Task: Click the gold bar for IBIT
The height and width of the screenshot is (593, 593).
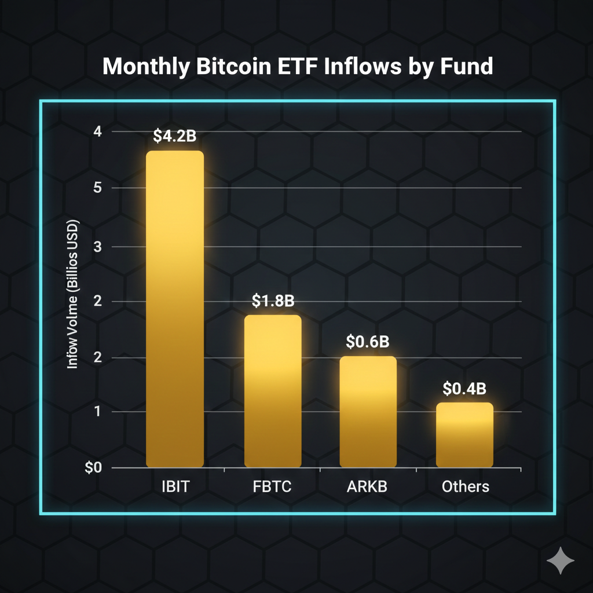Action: click(x=175, y=309)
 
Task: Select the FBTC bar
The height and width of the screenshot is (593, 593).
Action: click(x=273, y=391)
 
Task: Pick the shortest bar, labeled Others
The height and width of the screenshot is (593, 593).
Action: click(x=464, y=435)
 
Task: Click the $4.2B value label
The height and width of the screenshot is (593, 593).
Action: click(x=175, y=136)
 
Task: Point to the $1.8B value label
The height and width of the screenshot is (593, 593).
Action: click(x=273, y=301)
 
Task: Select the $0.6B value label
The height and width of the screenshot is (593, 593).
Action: click(x=367, y=342)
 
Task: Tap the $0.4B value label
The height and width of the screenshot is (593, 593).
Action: click(x=464, y=389)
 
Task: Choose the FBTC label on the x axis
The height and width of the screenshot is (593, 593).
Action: click(x=272, y=486)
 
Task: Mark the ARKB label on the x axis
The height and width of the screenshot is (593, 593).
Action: click(x=367, y=486)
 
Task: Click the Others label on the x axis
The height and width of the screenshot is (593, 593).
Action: click(x=465, y=486)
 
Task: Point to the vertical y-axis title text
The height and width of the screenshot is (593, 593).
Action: click(x=74, y=295)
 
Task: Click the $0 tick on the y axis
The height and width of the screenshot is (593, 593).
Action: click(x=93, y=468)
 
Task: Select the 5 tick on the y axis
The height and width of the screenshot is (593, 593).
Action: click(x=97, y=188)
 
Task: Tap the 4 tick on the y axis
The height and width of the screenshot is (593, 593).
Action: click(x=97, y=131)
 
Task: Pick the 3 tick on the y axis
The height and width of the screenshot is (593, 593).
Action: click(x=97, y=247)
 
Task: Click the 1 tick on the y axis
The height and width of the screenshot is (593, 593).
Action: click(x=97, y=412)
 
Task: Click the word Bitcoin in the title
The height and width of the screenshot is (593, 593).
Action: click(x=236, y=67)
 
